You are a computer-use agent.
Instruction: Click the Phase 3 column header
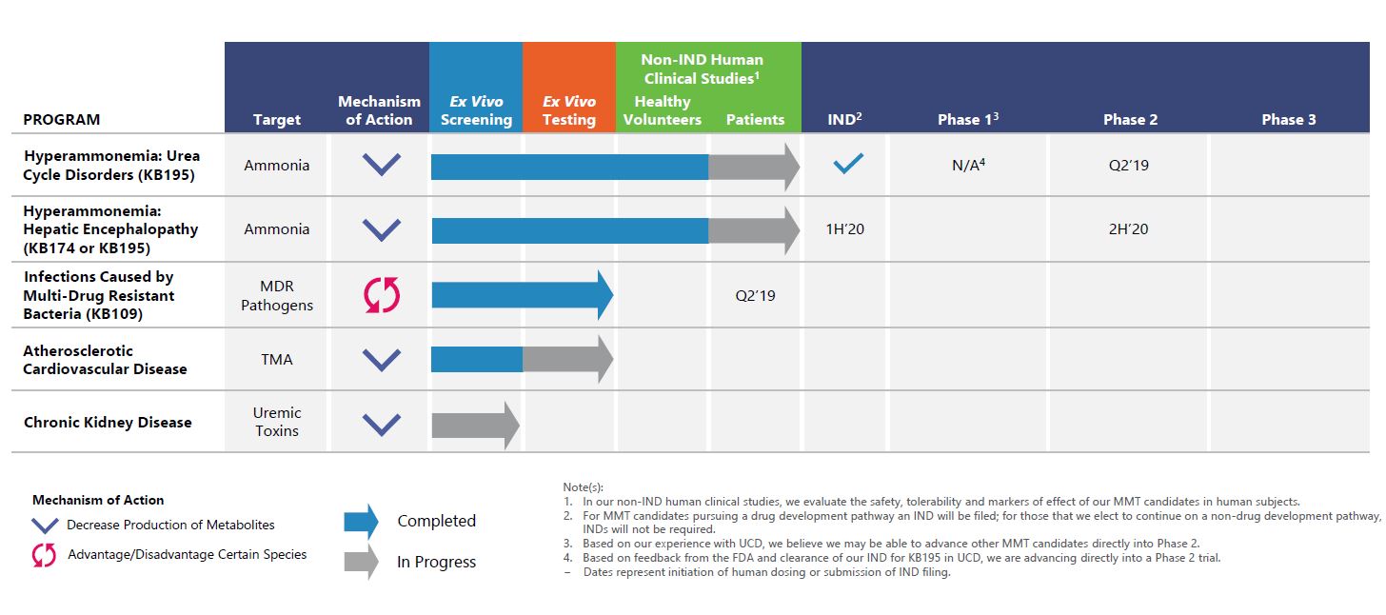pos(1288,119)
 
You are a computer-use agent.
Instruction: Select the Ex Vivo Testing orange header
pos(569,110)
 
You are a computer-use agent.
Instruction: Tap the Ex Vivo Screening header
pos(476,110)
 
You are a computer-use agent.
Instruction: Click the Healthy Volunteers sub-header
pos(663,110)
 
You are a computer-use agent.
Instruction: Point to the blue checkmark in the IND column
pos(847,164)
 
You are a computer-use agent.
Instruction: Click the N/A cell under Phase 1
pos(968,165)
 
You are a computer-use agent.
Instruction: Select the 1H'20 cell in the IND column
pos(845,228)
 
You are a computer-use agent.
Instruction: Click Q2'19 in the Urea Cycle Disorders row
pos(1128,165)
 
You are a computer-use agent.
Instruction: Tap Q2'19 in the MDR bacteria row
pos(755,295)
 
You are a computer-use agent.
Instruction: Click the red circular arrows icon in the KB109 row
pos(382,295)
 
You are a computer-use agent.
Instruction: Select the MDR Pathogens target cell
pos(277,295)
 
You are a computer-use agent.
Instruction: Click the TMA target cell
pos(277,359)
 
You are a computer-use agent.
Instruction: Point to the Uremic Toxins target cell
pos(277,422)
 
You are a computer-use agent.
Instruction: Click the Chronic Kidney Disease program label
pos(108,422)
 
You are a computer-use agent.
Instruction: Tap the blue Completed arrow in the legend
pos(361,521)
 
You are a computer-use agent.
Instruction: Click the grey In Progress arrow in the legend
pos(361,562)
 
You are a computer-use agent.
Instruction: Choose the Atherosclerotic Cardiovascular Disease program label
pos(106,359)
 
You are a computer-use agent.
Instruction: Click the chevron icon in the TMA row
pos(382,360)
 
